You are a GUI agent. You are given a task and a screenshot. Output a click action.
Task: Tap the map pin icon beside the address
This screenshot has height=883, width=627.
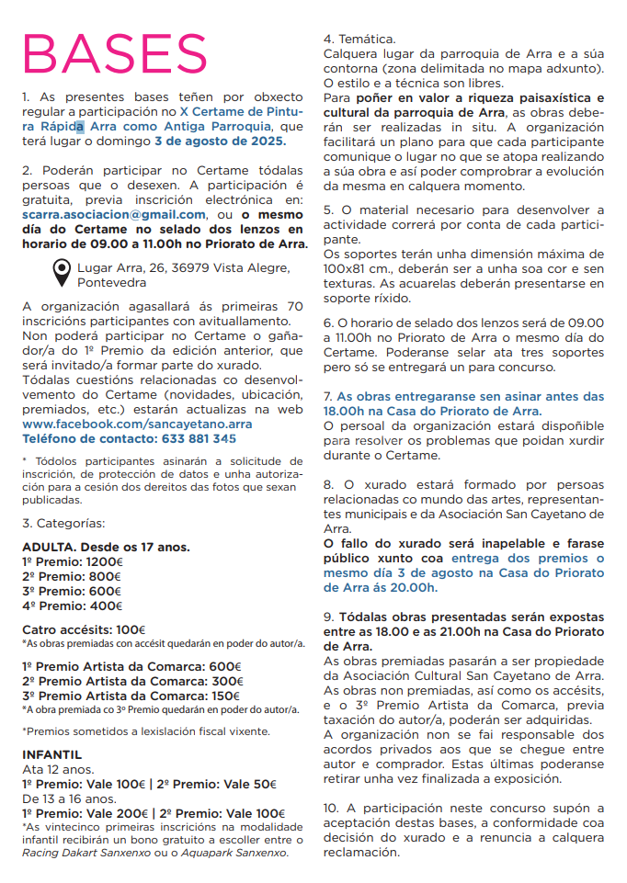61,273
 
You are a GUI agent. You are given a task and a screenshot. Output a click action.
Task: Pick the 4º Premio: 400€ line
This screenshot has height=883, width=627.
72,606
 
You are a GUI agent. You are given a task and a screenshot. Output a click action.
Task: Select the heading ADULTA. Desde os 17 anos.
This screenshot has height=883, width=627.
106,547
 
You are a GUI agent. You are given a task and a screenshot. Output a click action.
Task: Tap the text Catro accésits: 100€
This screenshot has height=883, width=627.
84,629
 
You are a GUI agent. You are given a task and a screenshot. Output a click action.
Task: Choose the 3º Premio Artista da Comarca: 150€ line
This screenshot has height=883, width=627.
131,695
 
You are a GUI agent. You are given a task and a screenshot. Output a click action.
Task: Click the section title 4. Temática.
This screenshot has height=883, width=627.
359,40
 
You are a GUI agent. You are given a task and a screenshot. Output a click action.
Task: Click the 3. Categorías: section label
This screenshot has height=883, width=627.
63,523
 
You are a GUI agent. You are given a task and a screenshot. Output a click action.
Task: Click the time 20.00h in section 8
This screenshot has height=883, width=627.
414,587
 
